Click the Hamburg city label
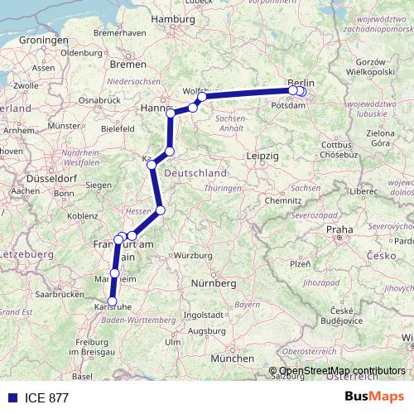pyautogui.click(x=173, y=17)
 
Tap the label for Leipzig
pyautogui.click(x=262, y=156)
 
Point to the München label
pyautogui.click(x=233, y=359)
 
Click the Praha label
pyautogui.click(x=339, y=229)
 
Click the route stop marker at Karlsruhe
pyautogui.click(x=113, y=302)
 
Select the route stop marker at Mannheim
pyautogui.click(x=114, y=273)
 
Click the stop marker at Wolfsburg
pyautogui.click(x=202, y=97)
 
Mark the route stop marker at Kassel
pyautogui.click(x=152, y=165)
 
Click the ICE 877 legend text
pyautogui.click(x=46, y=397)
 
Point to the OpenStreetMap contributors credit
pyautogui.click(x=341, y=371)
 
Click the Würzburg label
pyautogui.click(x=193, y=255)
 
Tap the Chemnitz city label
pyautogui.click(x=283, y=200)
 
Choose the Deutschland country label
pyautogui.click(x=195, y=174)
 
